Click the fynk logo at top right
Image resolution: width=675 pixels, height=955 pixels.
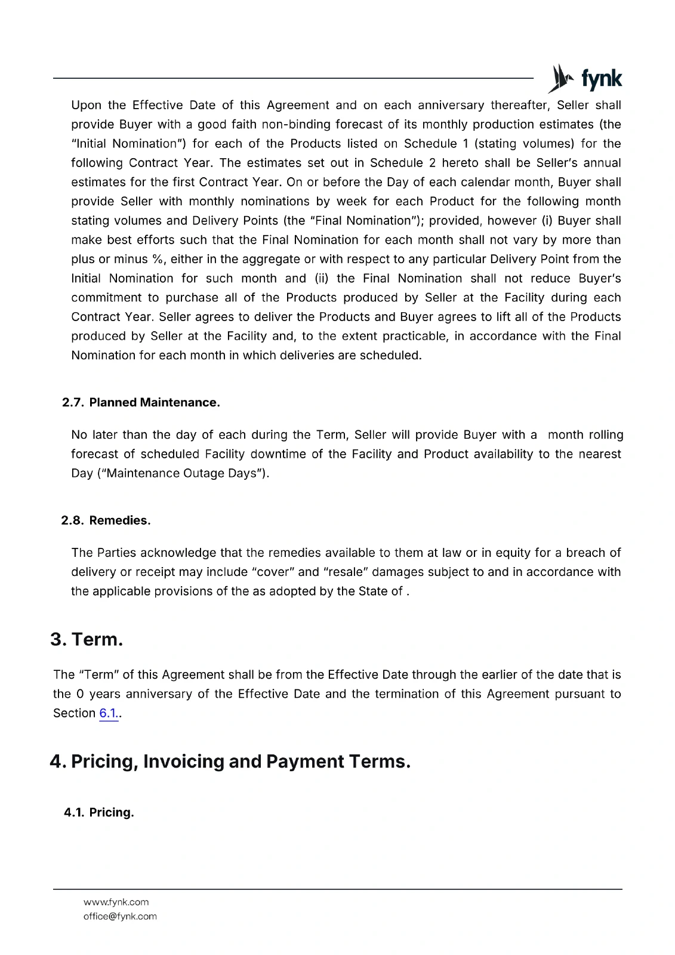(585, 78)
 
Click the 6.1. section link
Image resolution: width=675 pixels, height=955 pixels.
(109, 713)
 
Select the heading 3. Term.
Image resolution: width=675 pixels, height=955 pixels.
(87, 639)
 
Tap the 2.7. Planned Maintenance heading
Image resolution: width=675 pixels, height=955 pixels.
(141, 402)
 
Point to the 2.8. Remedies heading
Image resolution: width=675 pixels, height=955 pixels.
(106, 520)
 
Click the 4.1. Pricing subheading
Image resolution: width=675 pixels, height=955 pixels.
(99, 812)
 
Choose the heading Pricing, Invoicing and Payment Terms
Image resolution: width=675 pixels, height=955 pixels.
(230, 762)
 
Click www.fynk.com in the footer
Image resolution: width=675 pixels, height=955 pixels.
(116, 902)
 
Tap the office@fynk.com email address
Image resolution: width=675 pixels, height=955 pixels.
(120, 916)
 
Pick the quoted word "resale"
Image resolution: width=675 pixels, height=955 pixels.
(347, 572)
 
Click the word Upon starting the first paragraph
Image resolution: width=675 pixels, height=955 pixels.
(87, 105)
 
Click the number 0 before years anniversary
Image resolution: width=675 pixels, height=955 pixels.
(81, 694)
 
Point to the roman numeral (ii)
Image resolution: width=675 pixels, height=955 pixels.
(322, 278)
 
